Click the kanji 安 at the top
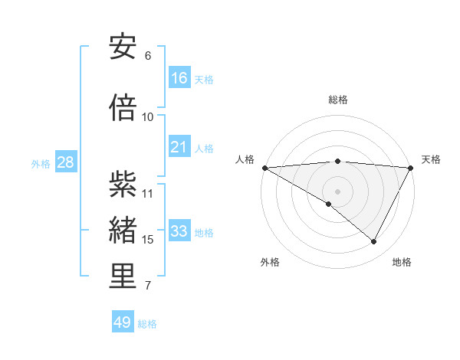[123, 47]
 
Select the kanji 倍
[123, 108]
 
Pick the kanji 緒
[123, 231]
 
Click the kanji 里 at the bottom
[123, 277]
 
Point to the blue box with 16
[179, 78]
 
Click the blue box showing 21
[179, 147]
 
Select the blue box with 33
[179, 231]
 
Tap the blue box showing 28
[64, 162]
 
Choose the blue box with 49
[123, 322]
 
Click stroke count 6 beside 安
[148, 56]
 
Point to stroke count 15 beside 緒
[148, 240]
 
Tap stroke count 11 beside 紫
[148, 194]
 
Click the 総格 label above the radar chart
[338, 100]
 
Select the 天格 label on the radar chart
[432, 159]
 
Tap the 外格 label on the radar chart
[270, 262]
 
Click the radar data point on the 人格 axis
[264, 167]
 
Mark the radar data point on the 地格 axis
[374, 241]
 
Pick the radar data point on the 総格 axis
[338, 161]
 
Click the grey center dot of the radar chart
[338, 191]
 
